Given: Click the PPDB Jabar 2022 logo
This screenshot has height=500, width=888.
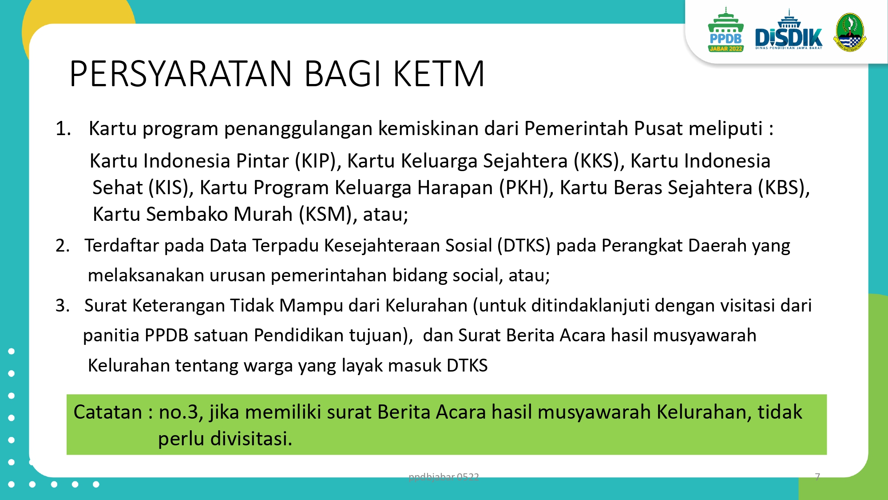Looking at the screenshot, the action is (x=726, y=30).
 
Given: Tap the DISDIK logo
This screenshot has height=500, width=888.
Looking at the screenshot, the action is (x=789, y=30).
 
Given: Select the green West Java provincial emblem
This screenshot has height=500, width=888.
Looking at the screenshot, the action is (x=849, y=32).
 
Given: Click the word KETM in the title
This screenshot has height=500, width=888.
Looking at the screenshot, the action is (x=439, y=74).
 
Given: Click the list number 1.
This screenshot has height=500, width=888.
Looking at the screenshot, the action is (x=63, y=128).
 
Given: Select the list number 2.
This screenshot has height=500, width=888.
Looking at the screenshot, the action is (x=63, y=245).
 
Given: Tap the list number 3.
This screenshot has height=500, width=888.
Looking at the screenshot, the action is (x=63, y=305).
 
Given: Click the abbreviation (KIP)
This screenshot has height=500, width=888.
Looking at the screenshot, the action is (x=318, y=161).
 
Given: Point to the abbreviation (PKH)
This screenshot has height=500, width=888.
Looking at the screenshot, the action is (x=526, y=188).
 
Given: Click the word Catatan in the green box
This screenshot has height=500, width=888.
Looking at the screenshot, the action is (x=107, y=412).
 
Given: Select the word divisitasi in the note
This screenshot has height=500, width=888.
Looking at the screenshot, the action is (x=251, y=439).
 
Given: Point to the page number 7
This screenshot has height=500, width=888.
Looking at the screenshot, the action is (x=817, y=477).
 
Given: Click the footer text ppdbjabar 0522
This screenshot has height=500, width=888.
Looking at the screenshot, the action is (x=444, y=477).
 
